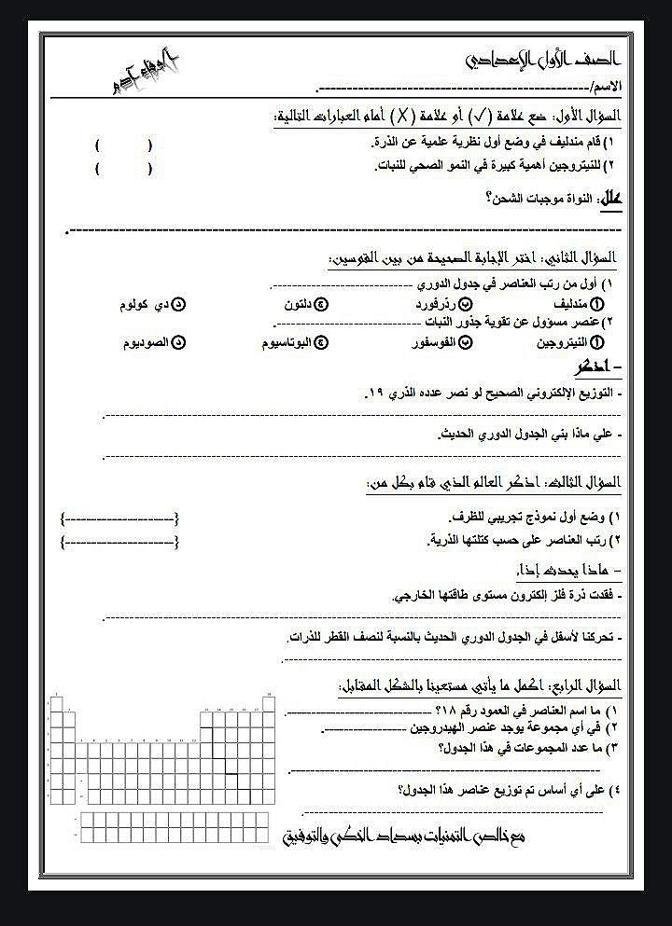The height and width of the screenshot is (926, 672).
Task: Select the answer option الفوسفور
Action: [434, 342]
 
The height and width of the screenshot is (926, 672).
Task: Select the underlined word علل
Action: [609, 199]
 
